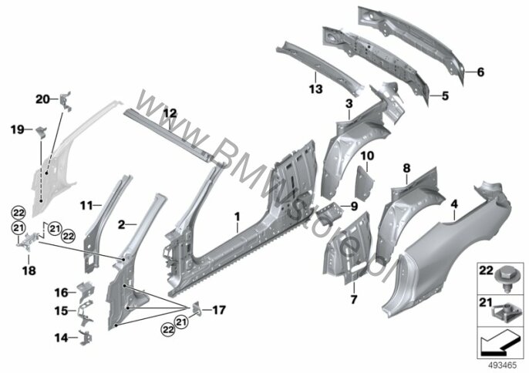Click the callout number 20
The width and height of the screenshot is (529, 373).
click(x=42, y=99)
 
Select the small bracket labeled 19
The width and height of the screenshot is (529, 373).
click(x=41, y=133)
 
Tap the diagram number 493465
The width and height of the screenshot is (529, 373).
click(x=503, y=366)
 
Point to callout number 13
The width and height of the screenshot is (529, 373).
click(x=316, y=89)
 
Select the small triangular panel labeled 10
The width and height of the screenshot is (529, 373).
click(x=366, y=183)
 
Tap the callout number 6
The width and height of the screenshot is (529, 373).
click(x=480, y=72)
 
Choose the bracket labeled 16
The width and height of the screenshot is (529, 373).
click(x=86, y=291)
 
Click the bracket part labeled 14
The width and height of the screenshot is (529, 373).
click(x=85, y=338)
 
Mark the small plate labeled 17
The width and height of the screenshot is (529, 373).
click(x=197, y=308)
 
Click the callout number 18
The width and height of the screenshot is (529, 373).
click(x=29, y=271)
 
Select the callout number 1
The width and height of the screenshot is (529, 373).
click(x=238, y=217)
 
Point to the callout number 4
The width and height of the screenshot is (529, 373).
click(x=454, y=204)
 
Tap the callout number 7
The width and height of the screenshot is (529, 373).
click(x=353, y=299)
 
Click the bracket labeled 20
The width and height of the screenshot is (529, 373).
click(x=66, y=101)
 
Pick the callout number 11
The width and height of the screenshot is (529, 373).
click(x=86, y=205)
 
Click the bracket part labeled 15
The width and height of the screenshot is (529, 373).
click(x=85, y=314)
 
